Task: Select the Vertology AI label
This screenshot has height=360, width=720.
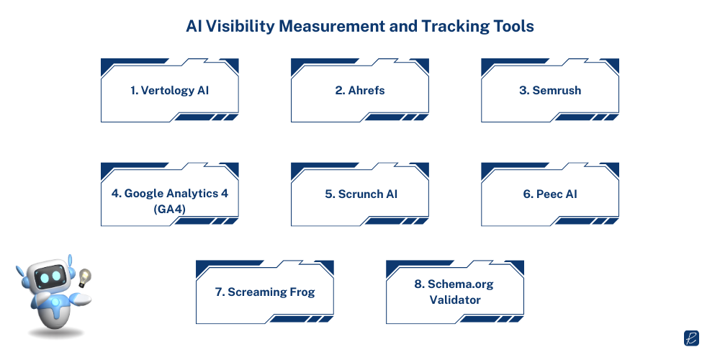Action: pyautogui.click(x=169, y=91)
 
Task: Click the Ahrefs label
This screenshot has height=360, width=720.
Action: pyautogui.click(x=360, y=91)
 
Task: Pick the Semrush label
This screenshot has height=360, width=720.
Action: pyautogui.click(x=550, y=91)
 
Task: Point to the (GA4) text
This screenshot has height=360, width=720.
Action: pyautogui.click(x=169, y=210)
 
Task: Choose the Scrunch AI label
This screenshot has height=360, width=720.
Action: pyautogui.click(x=361, y=194)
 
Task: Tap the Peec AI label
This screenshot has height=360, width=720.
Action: pyautogui.click(x=550, y=194)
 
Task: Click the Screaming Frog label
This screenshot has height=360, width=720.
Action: pyautogui.click(x=265, y=292)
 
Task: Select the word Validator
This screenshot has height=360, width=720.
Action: pyautogui.click(x=455, y=300)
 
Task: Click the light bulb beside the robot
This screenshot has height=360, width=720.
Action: pyautogui.click(x=84, y=277)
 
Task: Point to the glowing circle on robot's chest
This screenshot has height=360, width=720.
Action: pyautogui.click(x=55, y=302)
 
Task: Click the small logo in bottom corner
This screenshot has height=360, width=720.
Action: pyautogui.click(x=691, y=338)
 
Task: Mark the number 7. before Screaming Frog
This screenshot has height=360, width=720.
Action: pyautogui.click(x=220, y=292)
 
